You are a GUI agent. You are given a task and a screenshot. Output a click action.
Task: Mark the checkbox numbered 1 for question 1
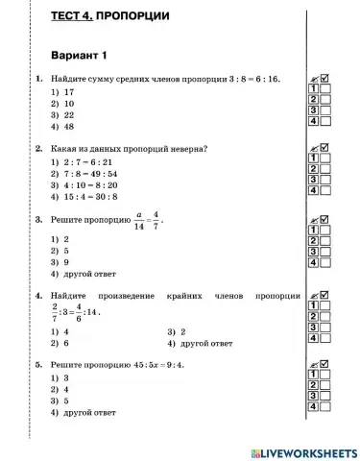point(324,87)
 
